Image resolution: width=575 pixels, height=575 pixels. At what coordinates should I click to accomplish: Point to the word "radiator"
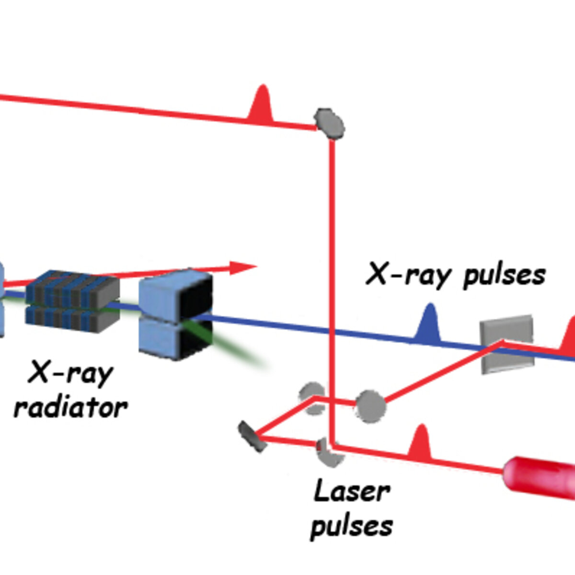[x=71, y=407]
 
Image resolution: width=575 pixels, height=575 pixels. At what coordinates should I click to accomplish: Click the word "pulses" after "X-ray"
[x=504, y=276]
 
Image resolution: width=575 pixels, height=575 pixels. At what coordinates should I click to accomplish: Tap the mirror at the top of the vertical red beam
[x=329, y=124]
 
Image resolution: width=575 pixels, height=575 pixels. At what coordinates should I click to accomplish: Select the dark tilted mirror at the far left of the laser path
[x=252, y=437]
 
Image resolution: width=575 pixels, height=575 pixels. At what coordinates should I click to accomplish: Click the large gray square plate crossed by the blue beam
[x=507, y=344]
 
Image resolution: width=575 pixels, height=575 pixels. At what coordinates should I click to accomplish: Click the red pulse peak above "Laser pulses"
[x=420, y=443]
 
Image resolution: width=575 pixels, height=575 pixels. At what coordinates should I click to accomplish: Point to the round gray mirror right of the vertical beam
[x=370, y=406]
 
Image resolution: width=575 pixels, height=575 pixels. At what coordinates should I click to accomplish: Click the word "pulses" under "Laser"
[x=352, y=526]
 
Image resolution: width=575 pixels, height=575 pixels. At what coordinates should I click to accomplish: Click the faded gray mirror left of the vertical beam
[x=312, y=398]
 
